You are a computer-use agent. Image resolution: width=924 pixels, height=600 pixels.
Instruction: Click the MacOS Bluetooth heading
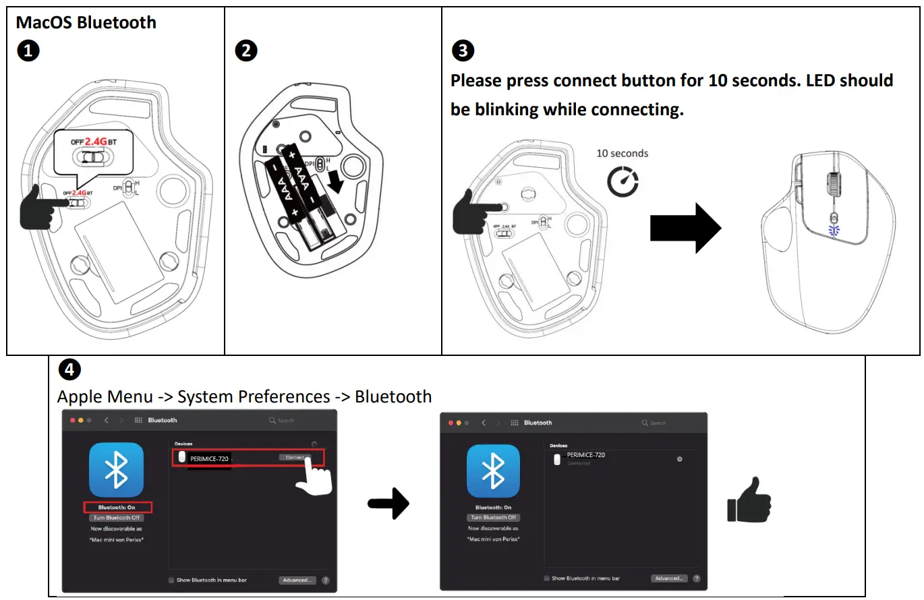coord(86,22)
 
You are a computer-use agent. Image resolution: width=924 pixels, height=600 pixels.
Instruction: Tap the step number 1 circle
coord(28,51)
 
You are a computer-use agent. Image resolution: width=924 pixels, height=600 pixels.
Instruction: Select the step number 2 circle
coord(246,51)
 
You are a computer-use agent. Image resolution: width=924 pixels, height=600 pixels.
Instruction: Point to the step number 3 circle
coord(462,51)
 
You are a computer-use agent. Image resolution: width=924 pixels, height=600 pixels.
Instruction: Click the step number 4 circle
coord(70,369)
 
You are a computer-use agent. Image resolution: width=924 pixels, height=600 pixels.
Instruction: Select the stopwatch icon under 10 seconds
coord(623,182)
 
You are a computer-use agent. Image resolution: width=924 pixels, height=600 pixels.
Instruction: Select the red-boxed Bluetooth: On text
coord(117,507)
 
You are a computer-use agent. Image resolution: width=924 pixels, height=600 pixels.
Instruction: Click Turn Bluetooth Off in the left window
coord(117,518)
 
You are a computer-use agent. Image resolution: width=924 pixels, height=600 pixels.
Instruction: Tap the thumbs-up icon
coord(749,500)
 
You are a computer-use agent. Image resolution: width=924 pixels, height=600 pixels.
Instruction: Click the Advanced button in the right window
coord(668,578)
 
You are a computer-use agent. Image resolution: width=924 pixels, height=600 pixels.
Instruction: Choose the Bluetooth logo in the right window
coord(493,471)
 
